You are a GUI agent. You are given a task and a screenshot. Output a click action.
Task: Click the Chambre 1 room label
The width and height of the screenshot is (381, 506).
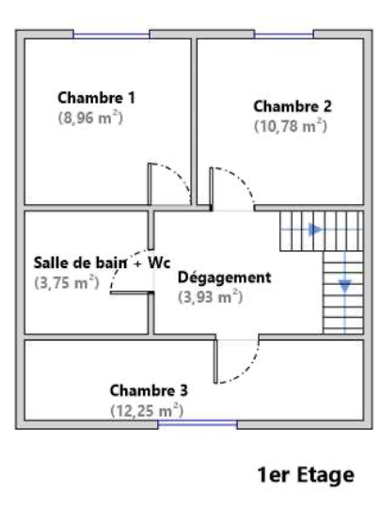[x=96, y=98]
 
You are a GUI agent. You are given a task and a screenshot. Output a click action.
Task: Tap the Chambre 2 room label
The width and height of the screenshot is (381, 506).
[x=293, y=106]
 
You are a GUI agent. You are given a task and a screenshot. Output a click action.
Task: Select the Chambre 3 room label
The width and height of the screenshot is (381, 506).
[x=149, y=390]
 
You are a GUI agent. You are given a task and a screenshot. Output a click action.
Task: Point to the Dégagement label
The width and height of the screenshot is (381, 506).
[x=225, y=277]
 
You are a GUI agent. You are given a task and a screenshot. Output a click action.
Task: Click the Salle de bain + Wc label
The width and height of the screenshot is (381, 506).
[x=102, y=262]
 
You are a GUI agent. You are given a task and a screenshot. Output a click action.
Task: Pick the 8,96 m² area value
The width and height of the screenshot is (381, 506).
[x=90, y=119]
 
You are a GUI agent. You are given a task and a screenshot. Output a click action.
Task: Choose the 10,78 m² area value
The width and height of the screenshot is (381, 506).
[x=291, y=126]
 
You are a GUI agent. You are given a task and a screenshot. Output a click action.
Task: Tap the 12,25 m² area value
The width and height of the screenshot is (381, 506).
[x=147, y=411]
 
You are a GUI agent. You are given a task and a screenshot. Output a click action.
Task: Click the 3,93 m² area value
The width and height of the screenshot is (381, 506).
[x=210, y=297]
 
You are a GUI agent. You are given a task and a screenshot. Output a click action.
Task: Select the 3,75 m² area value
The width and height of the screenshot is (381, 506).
[x=67, y=283]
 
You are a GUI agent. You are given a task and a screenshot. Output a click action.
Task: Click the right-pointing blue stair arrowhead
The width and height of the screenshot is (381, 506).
[x=315, y=229]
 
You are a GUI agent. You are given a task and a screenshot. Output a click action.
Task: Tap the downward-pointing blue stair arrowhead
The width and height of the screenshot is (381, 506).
[x=345, y=287]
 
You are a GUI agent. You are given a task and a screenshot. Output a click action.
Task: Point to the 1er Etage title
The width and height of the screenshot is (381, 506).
[x=306, y=475]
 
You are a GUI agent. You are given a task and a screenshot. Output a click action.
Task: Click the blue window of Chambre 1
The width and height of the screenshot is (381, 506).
[x=111, y=34]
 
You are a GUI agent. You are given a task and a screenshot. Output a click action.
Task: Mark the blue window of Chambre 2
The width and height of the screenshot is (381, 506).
[x=284, y=34]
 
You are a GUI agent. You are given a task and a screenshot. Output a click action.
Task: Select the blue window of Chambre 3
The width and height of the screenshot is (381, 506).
[x=198, y=424]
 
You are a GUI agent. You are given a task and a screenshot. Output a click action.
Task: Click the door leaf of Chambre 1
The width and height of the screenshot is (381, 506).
[x=150, y=184]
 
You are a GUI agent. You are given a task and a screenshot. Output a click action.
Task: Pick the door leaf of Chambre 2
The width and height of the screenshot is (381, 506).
[x=211, y=189]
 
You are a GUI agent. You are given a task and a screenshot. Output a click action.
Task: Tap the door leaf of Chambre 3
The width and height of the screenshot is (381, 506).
[x=215, y=362]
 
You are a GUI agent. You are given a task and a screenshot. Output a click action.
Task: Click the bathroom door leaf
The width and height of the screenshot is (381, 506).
[x=132, y=293]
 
